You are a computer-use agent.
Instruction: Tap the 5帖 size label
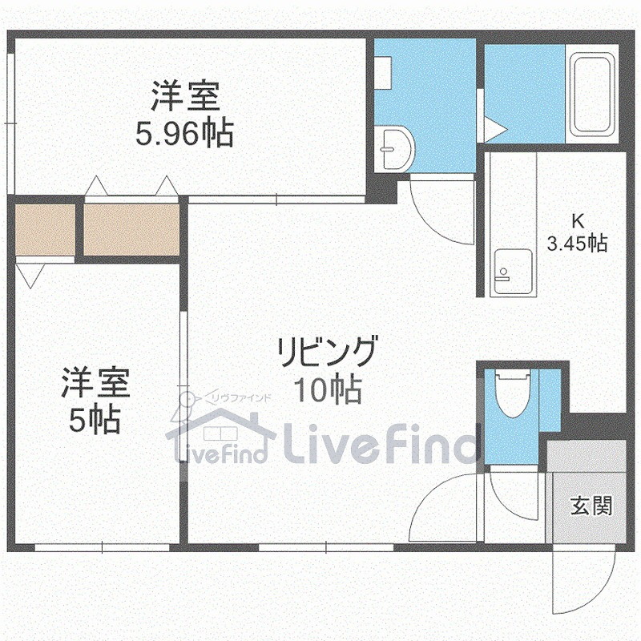95,419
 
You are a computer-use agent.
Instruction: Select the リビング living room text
327,353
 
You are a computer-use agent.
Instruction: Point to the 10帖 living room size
327,390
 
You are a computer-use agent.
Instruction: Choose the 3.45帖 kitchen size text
576,242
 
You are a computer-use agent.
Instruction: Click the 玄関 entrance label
592,506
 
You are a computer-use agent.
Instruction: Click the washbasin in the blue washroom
395,149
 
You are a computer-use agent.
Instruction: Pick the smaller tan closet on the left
45,230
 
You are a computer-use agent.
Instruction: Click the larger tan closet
131,230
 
